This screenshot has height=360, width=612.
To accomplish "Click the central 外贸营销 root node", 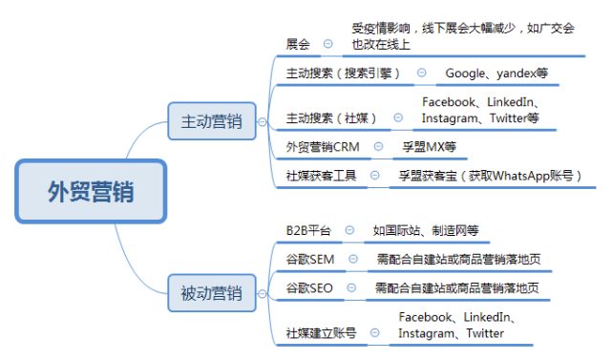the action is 91,191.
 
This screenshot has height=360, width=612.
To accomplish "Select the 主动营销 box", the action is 212,121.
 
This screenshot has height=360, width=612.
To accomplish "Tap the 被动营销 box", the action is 212,293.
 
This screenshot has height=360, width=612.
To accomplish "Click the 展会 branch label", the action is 298,44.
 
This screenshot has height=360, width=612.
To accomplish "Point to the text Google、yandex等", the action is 496,73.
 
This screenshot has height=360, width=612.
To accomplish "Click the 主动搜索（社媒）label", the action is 331,117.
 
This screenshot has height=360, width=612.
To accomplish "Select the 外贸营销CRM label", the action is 323,147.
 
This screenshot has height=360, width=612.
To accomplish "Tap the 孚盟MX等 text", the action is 430,147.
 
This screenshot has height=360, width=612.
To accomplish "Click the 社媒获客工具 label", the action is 321,176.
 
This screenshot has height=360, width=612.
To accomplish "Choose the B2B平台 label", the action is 308,230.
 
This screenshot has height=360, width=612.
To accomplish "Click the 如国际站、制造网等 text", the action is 426,230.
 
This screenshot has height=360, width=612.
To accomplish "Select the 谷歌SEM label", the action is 310,260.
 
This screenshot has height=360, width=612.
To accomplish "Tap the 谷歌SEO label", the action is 309,288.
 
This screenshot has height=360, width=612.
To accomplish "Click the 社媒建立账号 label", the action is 321,333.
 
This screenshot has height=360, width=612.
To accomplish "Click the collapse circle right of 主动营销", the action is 263,122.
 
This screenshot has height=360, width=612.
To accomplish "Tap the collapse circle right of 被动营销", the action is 263,294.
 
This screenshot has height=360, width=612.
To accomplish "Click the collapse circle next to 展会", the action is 327,44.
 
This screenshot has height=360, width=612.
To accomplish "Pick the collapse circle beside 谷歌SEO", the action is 351,287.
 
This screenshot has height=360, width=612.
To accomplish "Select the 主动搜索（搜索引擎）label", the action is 343,73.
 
